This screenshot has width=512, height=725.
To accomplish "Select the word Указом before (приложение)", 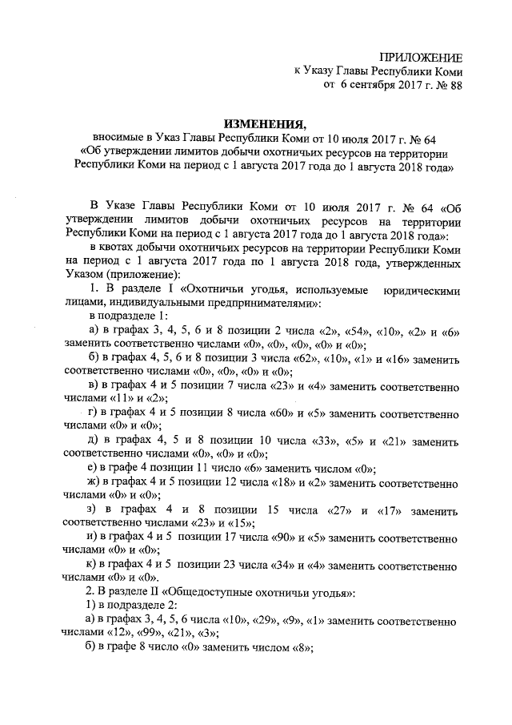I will point(86,276).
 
